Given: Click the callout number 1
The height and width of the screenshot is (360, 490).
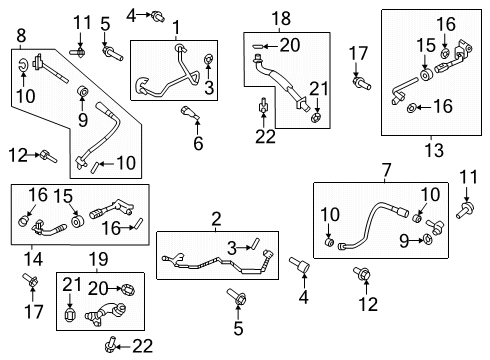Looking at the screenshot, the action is click(x=176, y=27).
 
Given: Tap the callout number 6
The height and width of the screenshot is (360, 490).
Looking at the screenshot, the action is click(x=198, y=143).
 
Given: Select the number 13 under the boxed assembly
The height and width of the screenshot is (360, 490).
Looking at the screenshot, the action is click(x=434, y=150).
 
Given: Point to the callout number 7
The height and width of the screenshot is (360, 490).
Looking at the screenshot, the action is click(x=386, y=170).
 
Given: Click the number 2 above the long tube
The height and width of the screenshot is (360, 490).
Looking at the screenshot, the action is click(x=216, y=219).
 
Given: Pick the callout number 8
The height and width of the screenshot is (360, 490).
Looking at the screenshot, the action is click(x=21, y=35).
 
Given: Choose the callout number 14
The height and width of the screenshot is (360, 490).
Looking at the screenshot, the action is click(x=33, y=259).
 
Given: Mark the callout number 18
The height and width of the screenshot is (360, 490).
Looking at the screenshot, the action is click(x=281, y=18).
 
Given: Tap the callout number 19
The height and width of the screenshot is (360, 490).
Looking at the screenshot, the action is click(x=98, y=259).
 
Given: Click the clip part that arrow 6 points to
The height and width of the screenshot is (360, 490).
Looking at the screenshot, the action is click(x=190, y=112).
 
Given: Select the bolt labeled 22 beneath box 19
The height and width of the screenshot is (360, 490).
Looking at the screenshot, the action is click(x=110, y=345).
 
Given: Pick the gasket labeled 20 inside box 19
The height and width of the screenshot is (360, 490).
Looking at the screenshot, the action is click(x=128, y=290).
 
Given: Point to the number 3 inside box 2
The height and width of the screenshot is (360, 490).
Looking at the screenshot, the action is click(x=232, y=248).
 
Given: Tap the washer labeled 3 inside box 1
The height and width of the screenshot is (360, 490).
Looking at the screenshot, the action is click(x=208, y=59).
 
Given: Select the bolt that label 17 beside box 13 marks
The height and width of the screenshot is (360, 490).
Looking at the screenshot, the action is click(x=361, y=83).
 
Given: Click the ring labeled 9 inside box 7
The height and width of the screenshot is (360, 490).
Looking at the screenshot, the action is click(x=427, y=239).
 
